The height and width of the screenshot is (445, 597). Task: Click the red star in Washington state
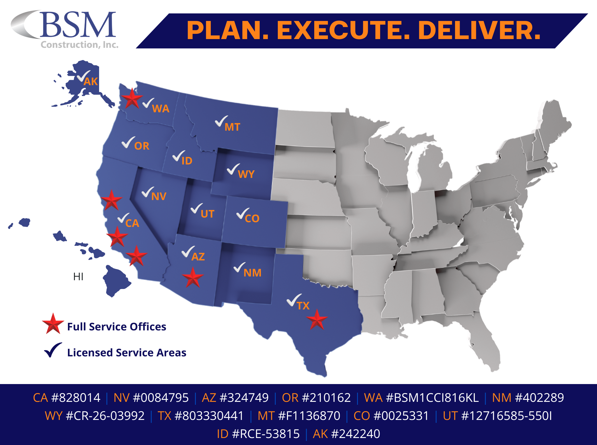[132, 99]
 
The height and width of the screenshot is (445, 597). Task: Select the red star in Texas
[317, 320]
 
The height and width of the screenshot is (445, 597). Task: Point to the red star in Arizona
[192, 278]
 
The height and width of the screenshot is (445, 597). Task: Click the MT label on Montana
[232, 127]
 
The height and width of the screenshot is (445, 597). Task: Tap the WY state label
[246, 174]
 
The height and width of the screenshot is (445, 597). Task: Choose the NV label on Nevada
[159, 197]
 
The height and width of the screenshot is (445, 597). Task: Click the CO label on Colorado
[252, 219]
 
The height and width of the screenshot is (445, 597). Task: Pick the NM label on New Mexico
[252, 273]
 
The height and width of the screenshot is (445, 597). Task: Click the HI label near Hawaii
[78, 276]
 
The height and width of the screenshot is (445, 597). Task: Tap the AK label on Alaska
[91, 82]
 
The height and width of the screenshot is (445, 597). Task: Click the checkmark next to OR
[128, 142]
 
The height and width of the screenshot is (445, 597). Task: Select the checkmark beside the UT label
[196, 209]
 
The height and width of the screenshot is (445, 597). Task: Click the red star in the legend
[53, 324]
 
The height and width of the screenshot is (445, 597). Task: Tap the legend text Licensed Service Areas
[127, 353]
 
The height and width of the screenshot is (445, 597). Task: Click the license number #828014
[75, 398]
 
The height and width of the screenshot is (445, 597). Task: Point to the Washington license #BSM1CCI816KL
[432, 398]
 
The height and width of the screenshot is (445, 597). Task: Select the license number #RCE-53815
[266, 434]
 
